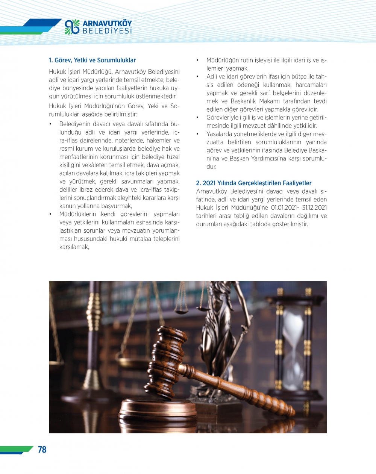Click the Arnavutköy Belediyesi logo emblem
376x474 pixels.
pos(72,27)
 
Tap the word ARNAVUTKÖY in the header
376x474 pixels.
pos(107,23)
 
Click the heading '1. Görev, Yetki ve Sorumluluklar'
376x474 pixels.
pos(92,60)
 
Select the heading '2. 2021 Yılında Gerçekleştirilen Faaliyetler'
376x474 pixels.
pos(253,183)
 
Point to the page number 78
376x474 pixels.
pos(42,450)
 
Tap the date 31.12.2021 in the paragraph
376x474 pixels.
pos(314,207)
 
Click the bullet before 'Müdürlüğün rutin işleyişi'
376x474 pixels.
pos(197,60)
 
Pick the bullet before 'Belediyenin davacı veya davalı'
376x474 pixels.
pos(50,124)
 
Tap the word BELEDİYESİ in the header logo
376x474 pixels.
pos(107,31)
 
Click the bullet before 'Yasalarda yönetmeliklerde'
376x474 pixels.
pos(197,134)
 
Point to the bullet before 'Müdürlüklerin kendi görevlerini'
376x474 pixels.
pos(50,214)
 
